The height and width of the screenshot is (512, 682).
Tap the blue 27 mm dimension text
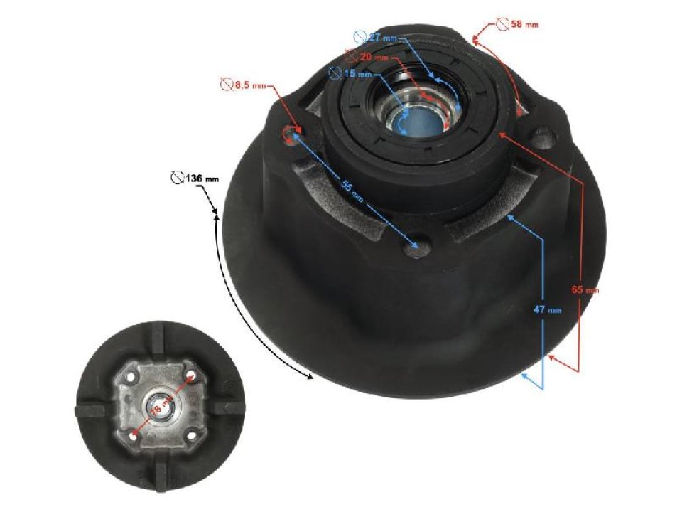click(383, 36)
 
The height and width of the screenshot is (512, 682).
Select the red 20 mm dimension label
click(374, 56)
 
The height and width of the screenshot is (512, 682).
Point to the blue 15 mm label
click(357, 73)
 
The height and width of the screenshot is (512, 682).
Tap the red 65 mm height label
click(585, 289)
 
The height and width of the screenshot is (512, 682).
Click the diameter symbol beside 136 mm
click(178, 178)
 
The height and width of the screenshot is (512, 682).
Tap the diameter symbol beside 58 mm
click(503, 23)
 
